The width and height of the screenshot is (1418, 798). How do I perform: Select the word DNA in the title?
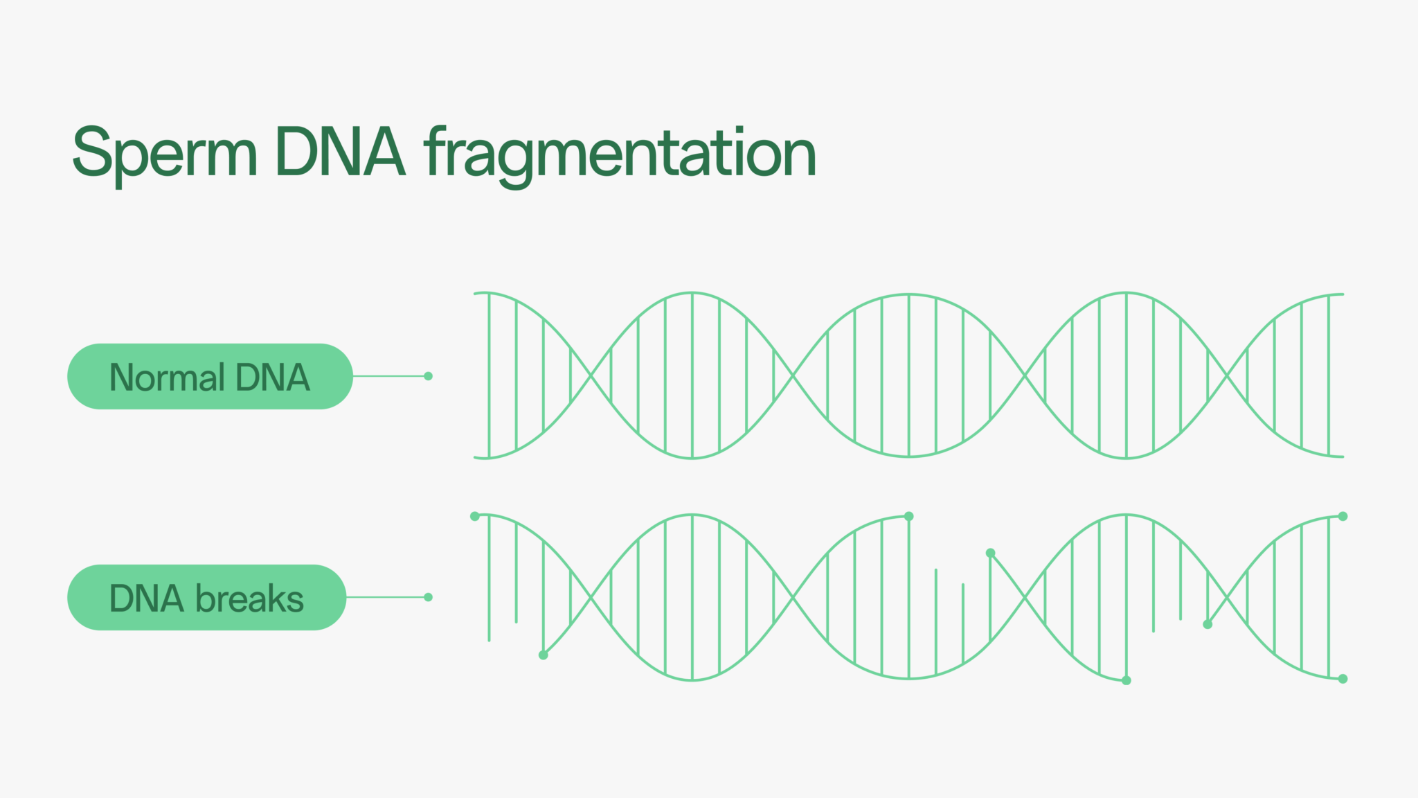340,152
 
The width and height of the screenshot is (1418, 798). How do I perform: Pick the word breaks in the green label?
250,598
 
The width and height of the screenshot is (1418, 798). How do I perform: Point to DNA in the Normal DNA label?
273,378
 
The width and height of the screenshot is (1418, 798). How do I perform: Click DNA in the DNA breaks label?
147,598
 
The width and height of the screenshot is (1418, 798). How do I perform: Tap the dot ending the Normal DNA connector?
428,376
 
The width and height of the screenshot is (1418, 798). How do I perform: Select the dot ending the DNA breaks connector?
428,597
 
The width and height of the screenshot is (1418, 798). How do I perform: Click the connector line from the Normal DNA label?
391,376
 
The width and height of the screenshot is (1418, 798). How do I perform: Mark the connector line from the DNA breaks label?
387,597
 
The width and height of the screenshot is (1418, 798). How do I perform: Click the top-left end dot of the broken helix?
475,516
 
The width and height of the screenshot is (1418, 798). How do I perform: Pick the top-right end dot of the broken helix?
1343,516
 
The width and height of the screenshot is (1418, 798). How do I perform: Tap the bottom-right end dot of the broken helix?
1343,679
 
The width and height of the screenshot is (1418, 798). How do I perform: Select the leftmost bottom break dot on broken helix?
544,655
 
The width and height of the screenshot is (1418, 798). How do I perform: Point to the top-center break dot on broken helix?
909,516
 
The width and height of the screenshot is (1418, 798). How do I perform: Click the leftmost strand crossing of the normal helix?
591,375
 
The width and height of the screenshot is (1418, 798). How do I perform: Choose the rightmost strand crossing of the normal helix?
1227,375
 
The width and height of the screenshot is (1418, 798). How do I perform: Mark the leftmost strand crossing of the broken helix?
591,596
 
